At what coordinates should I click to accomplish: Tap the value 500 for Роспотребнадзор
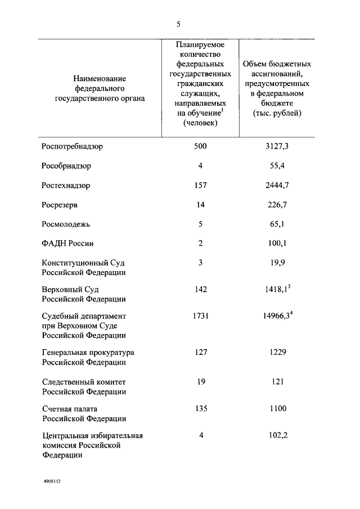coord(200,146)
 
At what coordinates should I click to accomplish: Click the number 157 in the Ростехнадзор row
coord(200,185)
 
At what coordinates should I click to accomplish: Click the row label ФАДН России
coord(67,244)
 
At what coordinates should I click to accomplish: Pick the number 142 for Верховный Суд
coord(200,289)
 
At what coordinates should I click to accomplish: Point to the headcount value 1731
coord(200,316)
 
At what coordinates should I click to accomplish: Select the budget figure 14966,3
coord(274,317)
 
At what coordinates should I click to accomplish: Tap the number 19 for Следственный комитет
coord(200,381)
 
